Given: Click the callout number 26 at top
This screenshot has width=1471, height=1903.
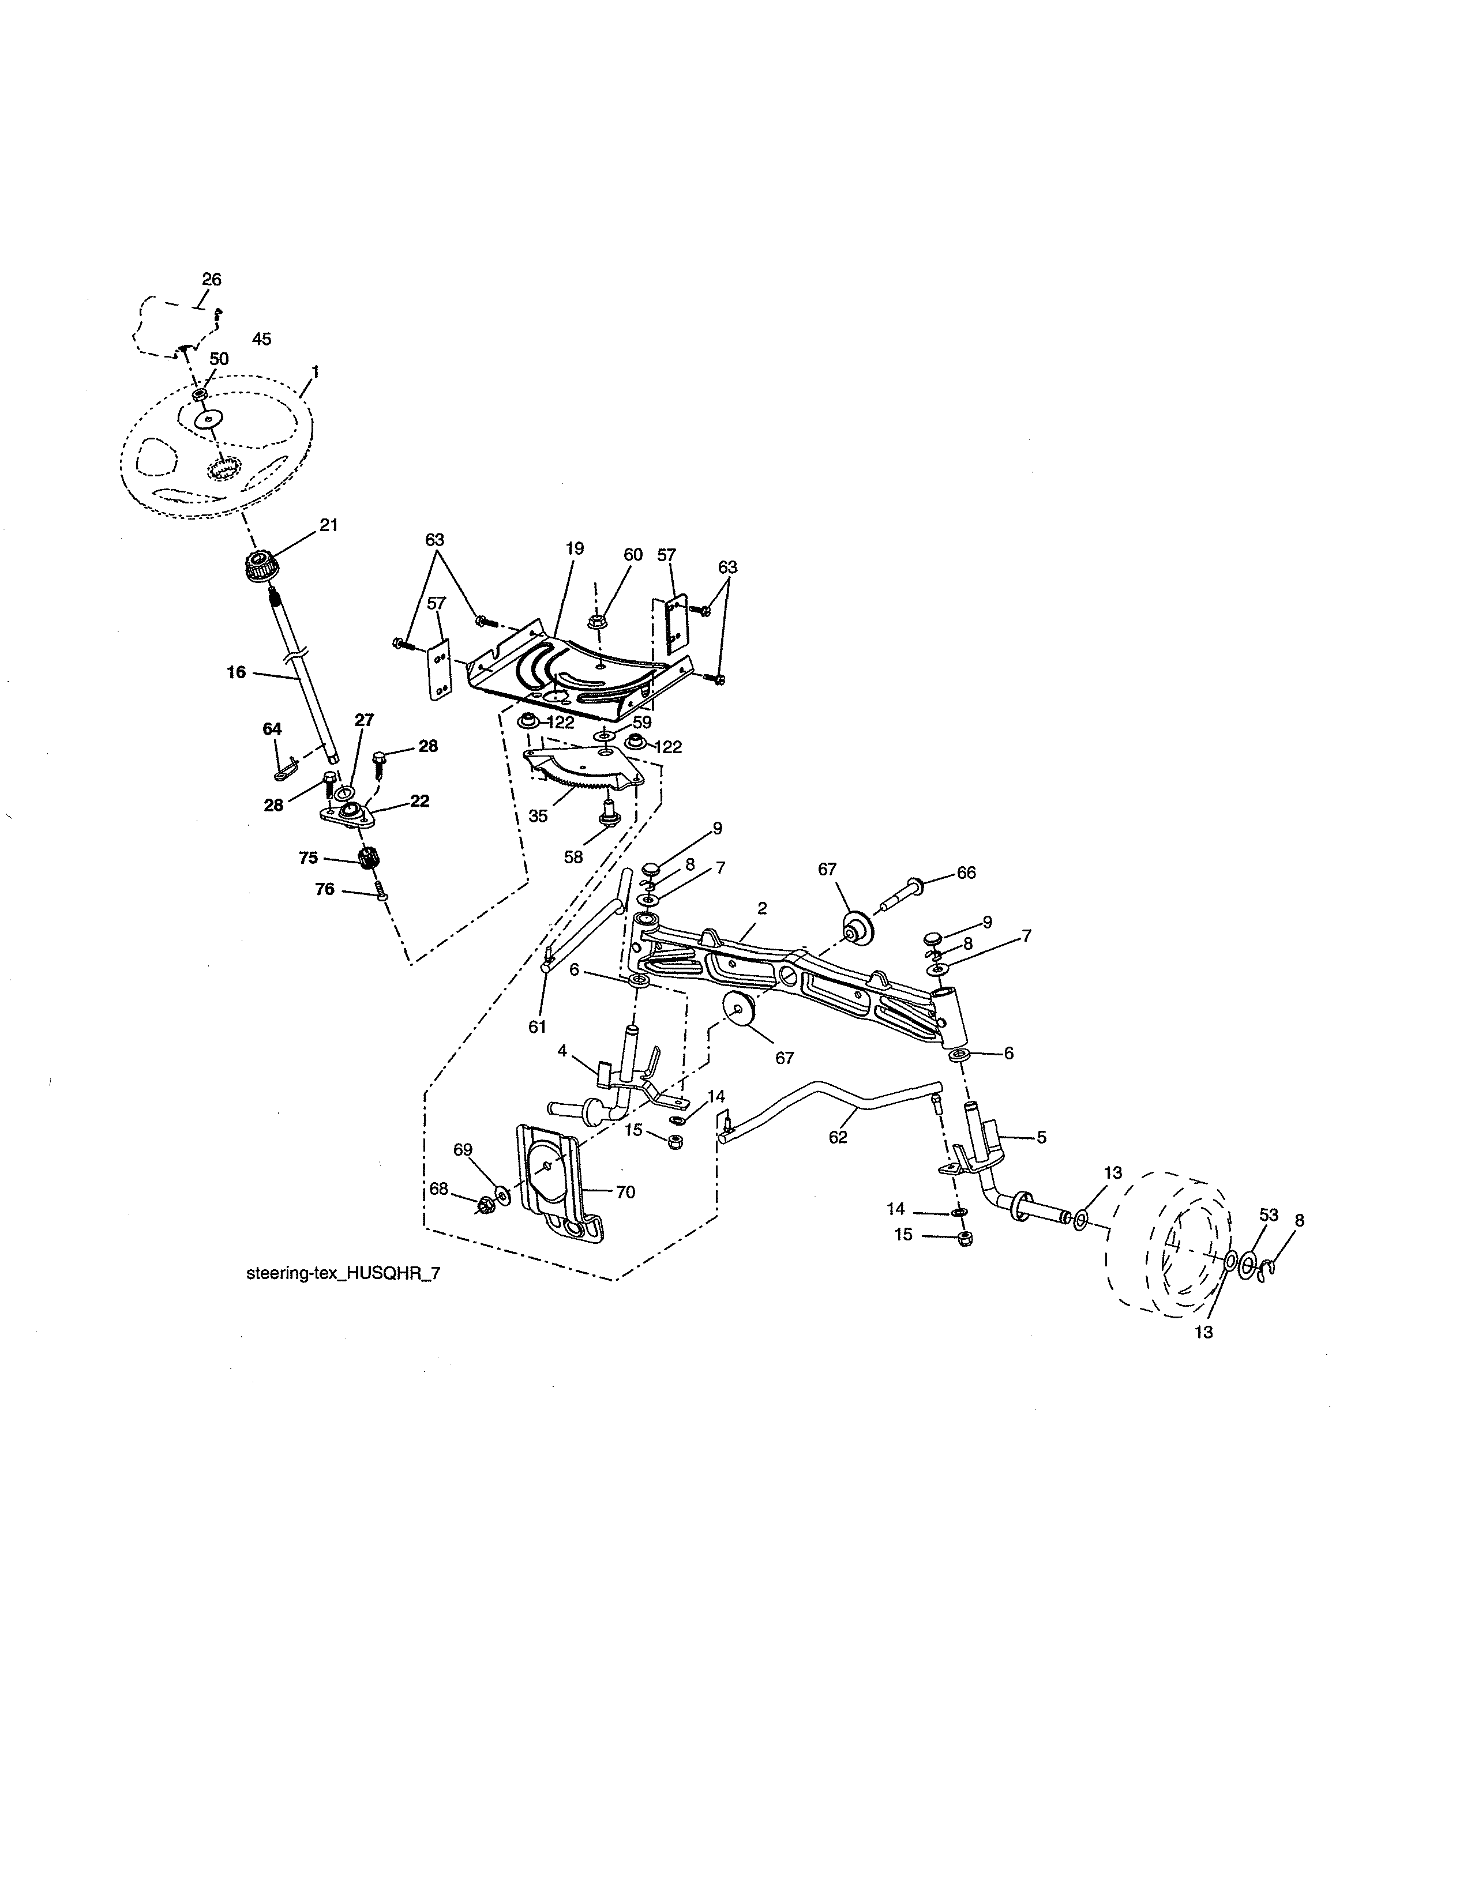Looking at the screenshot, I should pos(212,280).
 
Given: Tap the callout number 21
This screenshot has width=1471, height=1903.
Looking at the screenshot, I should pos(329,525).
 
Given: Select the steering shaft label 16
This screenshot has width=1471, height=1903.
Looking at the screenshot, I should pos(236,672).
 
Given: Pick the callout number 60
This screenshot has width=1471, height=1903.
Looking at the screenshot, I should pos(633,554).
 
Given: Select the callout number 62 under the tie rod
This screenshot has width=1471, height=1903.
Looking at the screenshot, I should pos(838,1137).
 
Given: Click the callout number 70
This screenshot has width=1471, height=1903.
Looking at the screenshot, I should pos(626,1192).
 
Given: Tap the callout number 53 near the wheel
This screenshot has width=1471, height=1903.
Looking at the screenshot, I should pos(1269,1214).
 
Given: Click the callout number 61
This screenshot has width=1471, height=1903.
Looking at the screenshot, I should pos(537,1027).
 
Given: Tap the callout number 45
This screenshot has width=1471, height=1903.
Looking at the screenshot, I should pos(261,339).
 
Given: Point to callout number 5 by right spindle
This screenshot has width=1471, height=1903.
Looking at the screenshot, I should pos(1041,1137).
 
